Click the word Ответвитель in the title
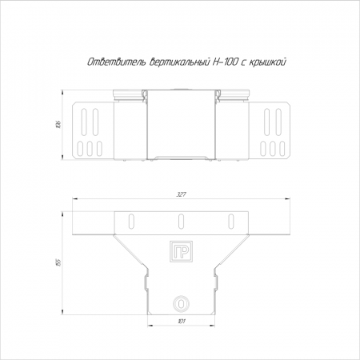[117, 62]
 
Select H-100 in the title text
[224, 62]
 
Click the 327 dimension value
[181, 194]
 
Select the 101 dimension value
[182, 321]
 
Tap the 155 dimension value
[59, 262]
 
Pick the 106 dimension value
[59, 124]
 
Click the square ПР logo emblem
[181, 252]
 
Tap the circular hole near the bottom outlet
[181, 304]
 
